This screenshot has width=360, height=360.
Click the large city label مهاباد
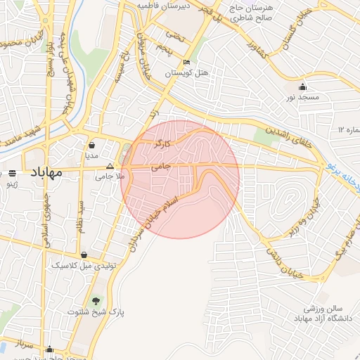point(48,172)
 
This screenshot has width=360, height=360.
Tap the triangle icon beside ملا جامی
point(109,167)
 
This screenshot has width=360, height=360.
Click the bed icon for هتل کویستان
point(186,62)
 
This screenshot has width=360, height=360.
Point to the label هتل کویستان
point(186,72)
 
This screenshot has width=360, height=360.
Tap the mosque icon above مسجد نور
point(303,86)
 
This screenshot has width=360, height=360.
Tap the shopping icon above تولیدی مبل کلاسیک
point(85,255)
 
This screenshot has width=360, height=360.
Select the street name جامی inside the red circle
point(161,167)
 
